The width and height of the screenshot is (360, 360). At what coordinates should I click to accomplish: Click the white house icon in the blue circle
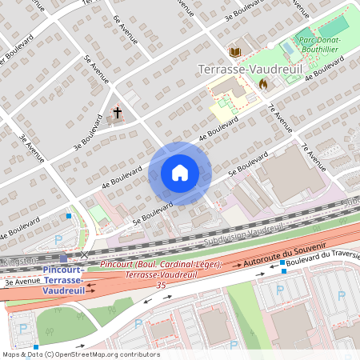click(x=180, y=173)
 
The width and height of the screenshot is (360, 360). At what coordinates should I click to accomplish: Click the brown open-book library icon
click(x=235, y=52)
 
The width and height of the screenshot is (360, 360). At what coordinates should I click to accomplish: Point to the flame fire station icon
click(x=262, y=82)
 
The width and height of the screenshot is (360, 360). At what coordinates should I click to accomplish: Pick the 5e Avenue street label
click(x=94, y=70)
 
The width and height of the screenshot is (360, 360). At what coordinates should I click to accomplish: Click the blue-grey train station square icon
click(x=63, y=259)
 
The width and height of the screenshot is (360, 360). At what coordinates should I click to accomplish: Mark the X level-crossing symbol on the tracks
click(x=85, y=255)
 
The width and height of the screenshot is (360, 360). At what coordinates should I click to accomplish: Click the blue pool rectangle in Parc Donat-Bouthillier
click(x=288, y=48)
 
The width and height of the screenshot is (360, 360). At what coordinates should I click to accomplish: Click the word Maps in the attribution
click(x=11, y=354)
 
